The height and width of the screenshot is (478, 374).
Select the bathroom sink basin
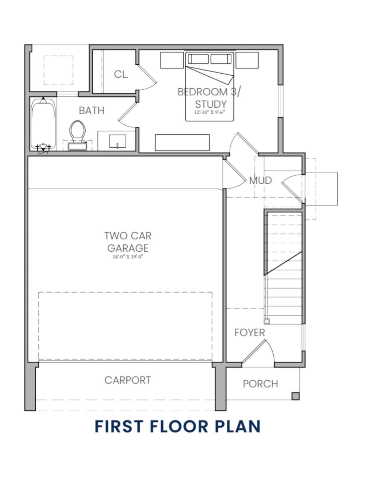pyautogui.click(x=118, y=141)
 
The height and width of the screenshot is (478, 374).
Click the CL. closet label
pyautogui.click(x=121, y=74)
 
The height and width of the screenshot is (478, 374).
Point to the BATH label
pyautogui.click(x=92, y=111)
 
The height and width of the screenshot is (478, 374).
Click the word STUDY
pyautogui.click(x=211, y=104)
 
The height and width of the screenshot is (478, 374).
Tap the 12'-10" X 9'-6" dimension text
pyautogui.click(x=210, y=112)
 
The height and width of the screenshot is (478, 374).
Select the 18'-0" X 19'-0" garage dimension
pyautogui.click(x=128, y=257)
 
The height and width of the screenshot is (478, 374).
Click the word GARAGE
pyautogui.click(x=128, y=248)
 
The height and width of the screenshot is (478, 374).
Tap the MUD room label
pyautogui.click(x=261, y=180)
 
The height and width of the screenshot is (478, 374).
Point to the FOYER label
pyautogui.click(x=250, y=333)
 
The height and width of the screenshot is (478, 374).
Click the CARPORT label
pyautogui.click(x=128, y=380)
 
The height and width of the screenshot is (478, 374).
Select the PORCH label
pyautogui.click(x=261, y=384)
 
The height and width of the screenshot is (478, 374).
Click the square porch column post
pyautogui.click(x=296, y=396)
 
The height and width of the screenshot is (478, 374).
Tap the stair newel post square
pyautogui.click(x=267, y=321)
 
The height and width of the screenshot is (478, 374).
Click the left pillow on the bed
pyautogui.click(x=198, y=59)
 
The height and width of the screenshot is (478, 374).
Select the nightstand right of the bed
pyautogui.click(x=247, y=60)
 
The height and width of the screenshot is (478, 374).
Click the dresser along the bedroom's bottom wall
pyautogui.click(x=182, y=143)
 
